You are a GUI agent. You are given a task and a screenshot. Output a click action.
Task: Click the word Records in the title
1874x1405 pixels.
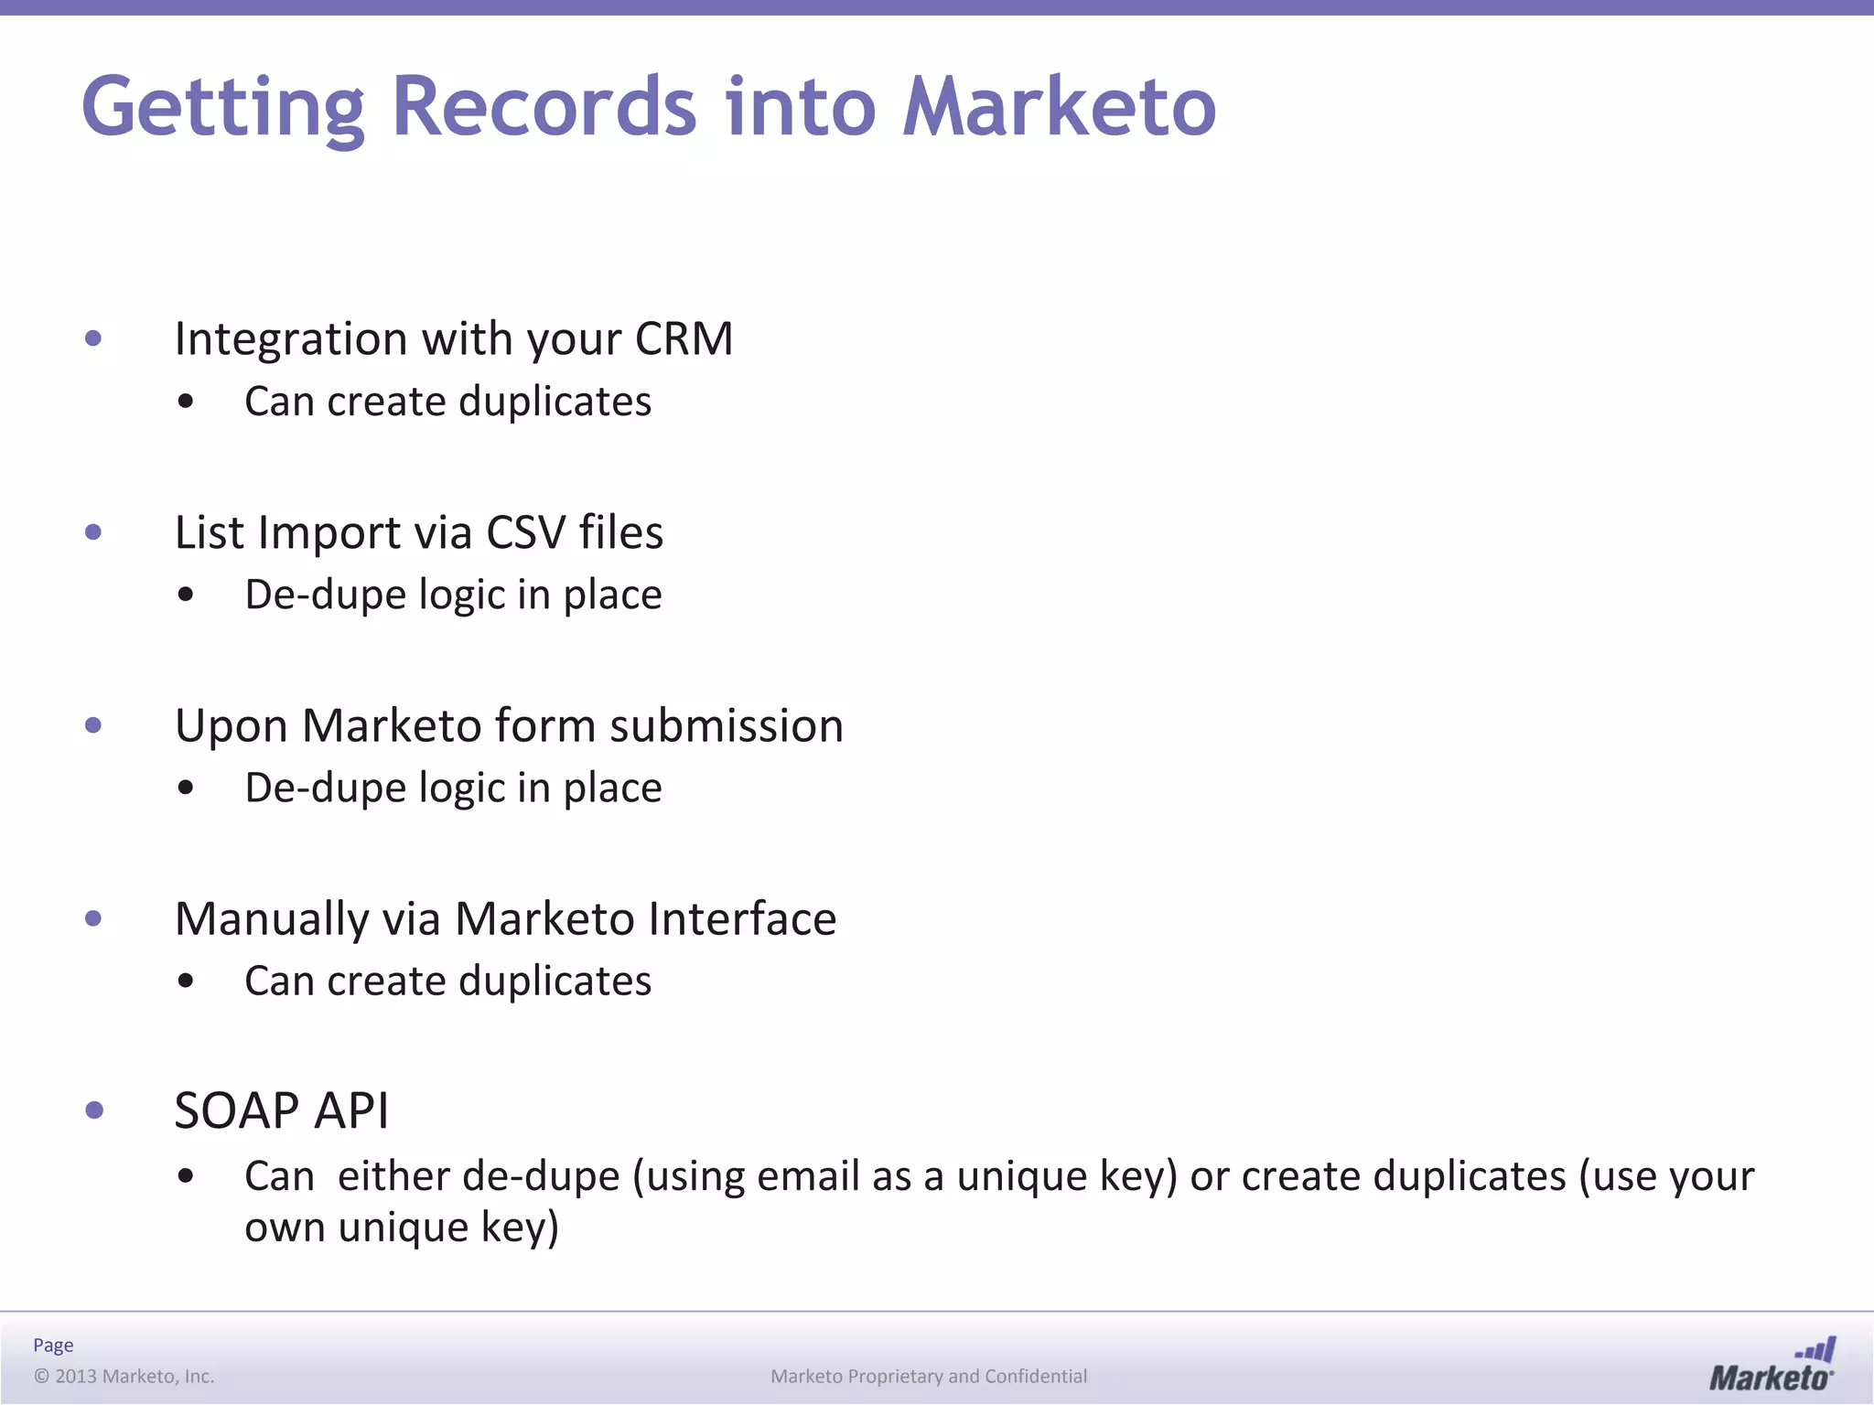coord(544,107)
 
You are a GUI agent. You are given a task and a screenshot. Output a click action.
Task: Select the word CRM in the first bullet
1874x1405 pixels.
coord(684,339)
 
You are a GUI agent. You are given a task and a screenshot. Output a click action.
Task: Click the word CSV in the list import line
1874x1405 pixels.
coord(525,532)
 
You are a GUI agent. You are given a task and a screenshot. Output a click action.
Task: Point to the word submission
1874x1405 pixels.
coord(727,726)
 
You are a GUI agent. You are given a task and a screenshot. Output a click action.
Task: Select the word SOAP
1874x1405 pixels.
coord(236,1111)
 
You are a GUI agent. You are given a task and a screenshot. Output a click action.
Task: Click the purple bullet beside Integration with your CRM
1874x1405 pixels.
coord(93,339)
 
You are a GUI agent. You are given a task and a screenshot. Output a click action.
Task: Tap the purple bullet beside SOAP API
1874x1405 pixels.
coord(93,1110)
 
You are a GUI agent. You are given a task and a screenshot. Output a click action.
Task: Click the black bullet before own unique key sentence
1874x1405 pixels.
coord(186,1177)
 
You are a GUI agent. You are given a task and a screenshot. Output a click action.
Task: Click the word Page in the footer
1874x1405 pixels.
coord(53,1346)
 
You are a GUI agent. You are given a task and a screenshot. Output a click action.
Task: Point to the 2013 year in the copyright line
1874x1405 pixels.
coord(76,1377)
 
